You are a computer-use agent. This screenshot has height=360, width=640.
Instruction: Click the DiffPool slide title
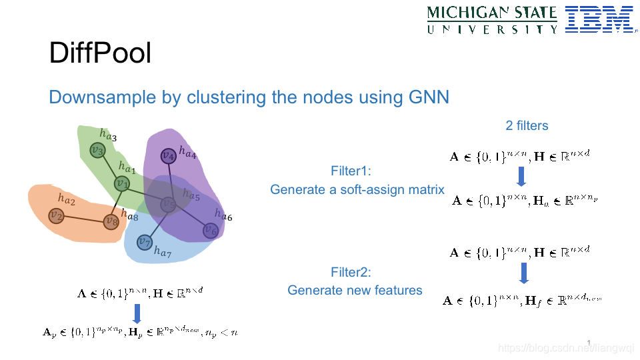click(100, 53)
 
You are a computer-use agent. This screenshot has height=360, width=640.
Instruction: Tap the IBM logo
click(599, 19)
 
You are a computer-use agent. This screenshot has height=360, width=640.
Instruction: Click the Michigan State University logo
click(492, 19)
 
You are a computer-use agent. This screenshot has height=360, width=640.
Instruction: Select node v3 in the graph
click(98, 151)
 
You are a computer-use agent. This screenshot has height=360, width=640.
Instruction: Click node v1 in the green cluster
click(121, 183)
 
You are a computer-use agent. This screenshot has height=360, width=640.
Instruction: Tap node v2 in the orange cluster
click(57, 216)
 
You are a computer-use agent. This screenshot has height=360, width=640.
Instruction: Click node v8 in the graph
click(111, 221)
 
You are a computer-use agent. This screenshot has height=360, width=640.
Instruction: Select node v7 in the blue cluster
click(144, 241)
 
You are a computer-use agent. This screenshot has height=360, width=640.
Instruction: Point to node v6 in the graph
click(211, 231)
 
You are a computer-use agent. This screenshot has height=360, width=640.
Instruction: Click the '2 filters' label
click(527, 125)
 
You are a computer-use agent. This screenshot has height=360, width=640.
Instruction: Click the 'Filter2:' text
click(351, 272)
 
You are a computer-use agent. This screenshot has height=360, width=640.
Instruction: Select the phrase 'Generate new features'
click(355, 290)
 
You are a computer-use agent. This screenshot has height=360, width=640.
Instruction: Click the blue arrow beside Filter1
click(522, 177)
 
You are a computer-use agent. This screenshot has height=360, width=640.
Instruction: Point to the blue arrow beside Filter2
click(523, 272)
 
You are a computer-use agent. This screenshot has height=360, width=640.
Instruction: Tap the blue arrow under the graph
click(137, 313)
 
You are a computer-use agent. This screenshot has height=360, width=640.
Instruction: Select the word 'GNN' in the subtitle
click(429, 97)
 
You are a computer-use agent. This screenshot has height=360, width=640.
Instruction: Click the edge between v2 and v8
click(83, 219)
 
